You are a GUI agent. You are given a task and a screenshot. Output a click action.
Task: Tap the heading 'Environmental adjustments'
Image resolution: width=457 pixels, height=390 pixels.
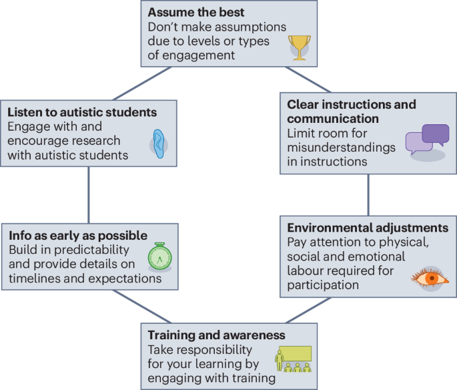point(367,228)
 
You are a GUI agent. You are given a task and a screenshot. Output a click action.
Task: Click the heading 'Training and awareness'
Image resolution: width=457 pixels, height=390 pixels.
point(216,335)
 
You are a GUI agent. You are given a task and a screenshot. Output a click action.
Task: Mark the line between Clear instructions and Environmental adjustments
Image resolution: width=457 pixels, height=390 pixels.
point(368,194)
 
